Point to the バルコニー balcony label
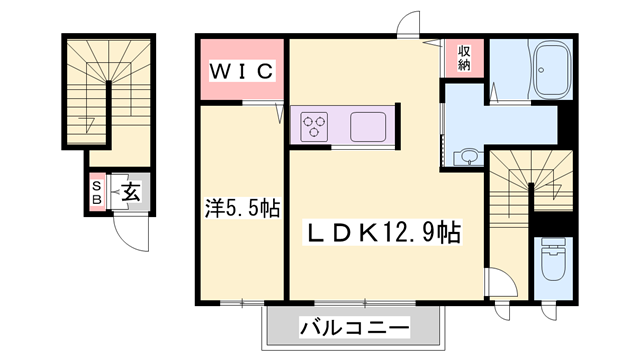coord(354,327)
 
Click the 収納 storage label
coord(464,57)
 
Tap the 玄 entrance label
coord(130,193)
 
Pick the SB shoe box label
coord(97,193)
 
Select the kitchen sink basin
coord(368,127)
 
